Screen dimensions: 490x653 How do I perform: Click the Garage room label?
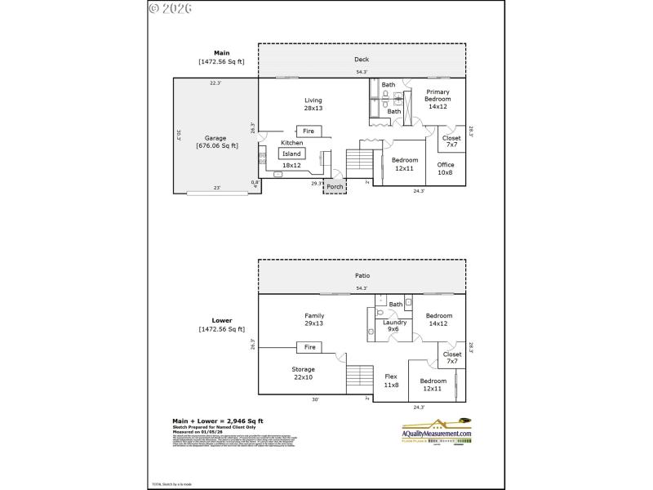[x=216, y=142]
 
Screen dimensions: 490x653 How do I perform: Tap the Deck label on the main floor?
[x=362, y=60]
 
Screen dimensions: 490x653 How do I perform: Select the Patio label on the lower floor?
[x=362, y=275]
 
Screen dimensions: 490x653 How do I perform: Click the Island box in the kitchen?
[x=291, y=154]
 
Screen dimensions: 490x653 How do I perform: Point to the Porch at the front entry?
[x=335, y=186]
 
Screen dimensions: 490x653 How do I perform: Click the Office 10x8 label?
[x=445, y=168]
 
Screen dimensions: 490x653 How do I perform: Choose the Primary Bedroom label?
[x=438, y=99]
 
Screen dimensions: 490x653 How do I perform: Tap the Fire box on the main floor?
[x=308, y=131]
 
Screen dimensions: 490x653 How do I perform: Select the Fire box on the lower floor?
[x=309, y=347]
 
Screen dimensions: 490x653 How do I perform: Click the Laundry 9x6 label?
[x=394, y=326]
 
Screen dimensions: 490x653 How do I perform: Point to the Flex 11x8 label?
[x=391, y=381]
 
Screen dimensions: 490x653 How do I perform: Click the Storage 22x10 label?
[x=304, y=372]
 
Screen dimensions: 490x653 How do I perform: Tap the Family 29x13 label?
[x=314, y=319]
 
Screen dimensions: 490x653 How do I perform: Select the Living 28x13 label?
[x=313, y=104]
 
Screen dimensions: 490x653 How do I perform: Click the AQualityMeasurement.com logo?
[x=441, y=431]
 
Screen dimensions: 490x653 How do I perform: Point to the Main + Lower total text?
[x=221, y=421]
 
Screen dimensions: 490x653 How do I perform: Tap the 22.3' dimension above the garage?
[x=215, y=82]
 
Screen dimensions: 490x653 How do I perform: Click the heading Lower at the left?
[x=222, y=321]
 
